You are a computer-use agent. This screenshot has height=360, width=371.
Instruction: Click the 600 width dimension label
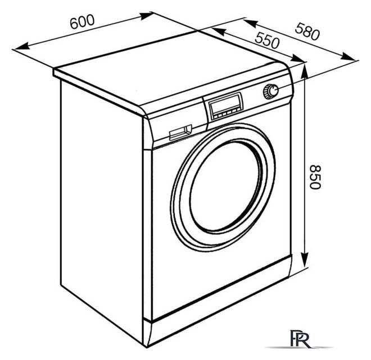point(82,21)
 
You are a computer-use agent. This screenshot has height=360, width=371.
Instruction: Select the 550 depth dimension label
point(267,40)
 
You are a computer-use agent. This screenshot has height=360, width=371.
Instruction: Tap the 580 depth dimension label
point(307,31)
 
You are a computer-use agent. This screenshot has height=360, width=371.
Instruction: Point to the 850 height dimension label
point(315,177)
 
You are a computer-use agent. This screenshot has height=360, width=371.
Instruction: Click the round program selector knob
point(271,91)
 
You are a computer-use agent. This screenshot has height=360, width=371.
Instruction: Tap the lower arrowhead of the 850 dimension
point(305,260)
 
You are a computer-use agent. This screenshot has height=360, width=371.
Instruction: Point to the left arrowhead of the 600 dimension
point(21,46)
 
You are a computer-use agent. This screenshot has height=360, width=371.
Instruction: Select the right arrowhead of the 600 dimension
point(146,16)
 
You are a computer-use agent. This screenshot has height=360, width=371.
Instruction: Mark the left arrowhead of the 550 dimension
point(218,31)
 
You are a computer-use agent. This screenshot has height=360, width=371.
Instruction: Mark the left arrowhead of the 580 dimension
point(250,23)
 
